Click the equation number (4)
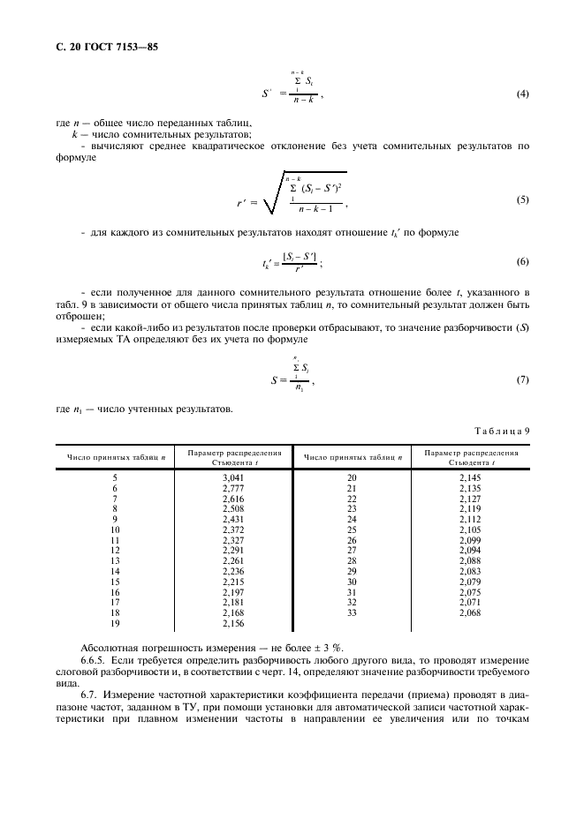point(521,93)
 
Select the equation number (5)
point(521,199)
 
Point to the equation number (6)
point(521,262)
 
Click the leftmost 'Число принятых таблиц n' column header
point(113,457)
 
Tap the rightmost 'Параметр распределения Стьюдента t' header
point(471,456)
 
